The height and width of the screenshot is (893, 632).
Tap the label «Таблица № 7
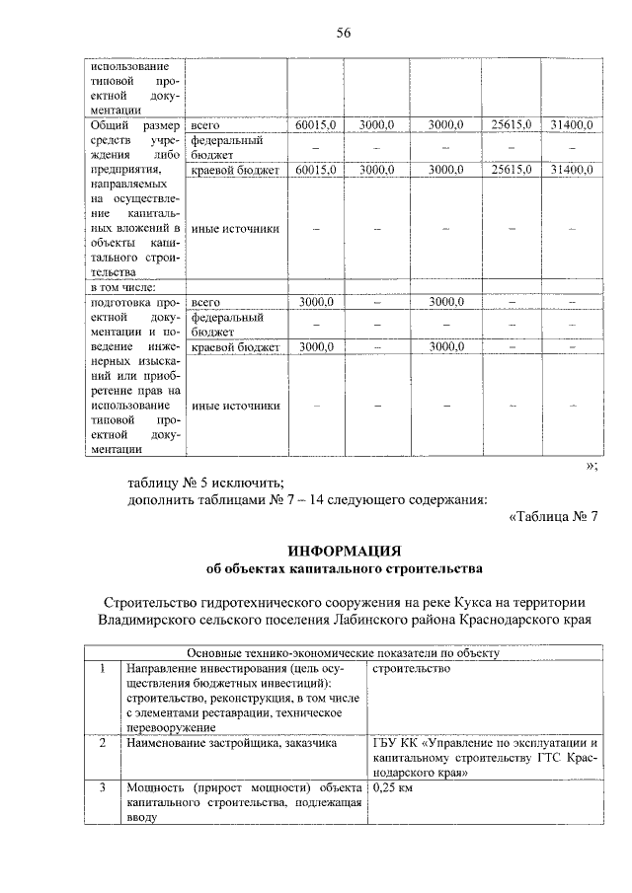553,516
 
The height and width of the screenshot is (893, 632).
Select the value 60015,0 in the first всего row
316,125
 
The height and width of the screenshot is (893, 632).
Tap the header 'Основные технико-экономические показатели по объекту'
343,652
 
